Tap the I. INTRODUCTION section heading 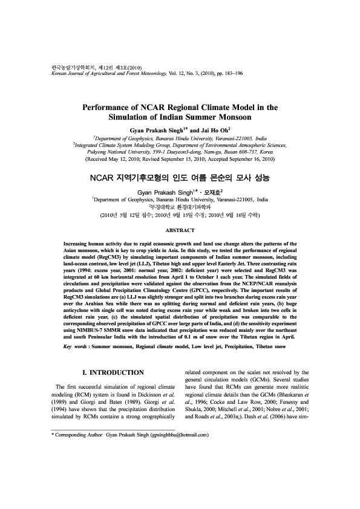pyautogui.click(x=113, y=372)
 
